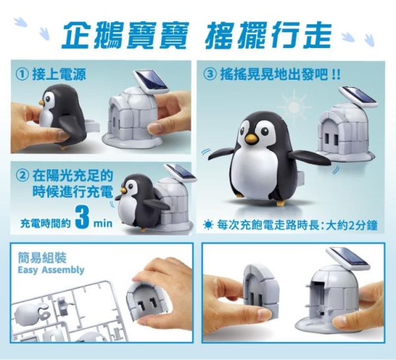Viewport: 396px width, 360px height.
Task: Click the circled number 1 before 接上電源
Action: coord(22,73)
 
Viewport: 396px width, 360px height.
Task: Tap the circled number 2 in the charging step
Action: coord(22,176)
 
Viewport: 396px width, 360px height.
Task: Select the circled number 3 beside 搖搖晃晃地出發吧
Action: coord(211,73)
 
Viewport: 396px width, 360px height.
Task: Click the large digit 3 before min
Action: coord(82,221)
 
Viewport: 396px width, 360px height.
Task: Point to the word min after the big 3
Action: coord(103,224)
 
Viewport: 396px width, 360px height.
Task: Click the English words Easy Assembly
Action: coord(51,270)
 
